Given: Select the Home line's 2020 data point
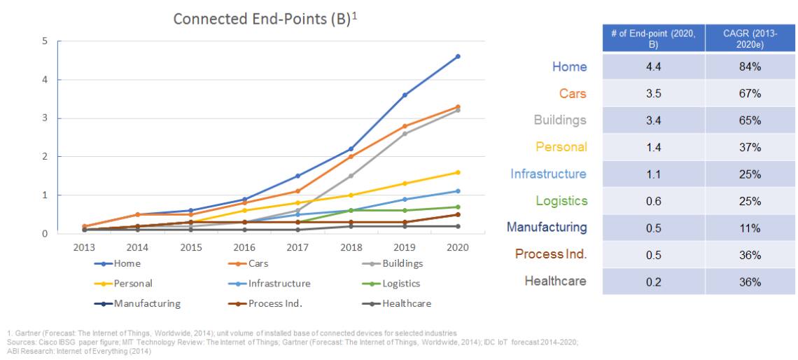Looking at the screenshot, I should (x=458, y=56).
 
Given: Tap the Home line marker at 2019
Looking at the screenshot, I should (x=405, y=95).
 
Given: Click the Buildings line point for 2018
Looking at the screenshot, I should (x=351, y=176).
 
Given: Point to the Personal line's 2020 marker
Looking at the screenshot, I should (x=458, y=172).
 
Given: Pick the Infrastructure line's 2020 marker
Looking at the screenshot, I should (x=458, y=191).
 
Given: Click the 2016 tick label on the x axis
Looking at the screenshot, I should (x=244, y=248).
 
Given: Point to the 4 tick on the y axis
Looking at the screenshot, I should (x=45, y=80).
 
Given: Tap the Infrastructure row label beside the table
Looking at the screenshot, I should (x=549, y=174).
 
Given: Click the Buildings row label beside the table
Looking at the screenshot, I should (x=560, y=120).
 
